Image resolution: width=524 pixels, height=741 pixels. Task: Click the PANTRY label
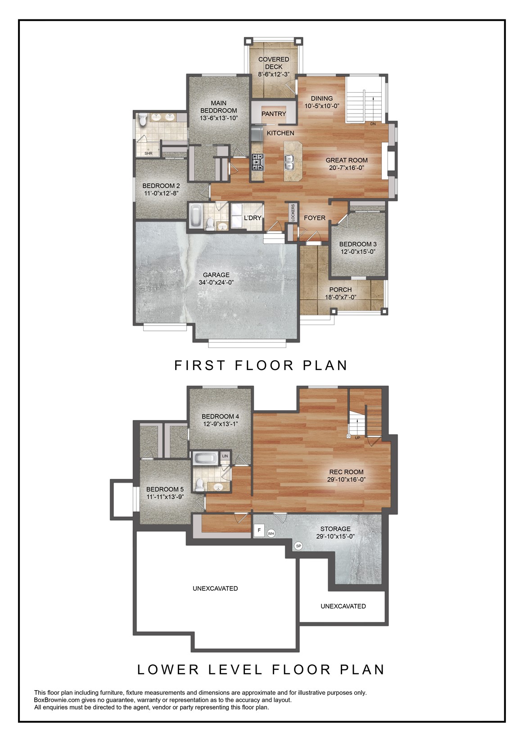[274, 114]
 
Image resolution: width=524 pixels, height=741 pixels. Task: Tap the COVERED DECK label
[274, 63]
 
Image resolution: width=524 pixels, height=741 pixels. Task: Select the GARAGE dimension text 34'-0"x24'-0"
[216, 283]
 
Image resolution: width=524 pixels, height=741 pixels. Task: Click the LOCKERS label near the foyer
[293, 213]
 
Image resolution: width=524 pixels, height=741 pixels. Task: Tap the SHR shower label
[149, 154]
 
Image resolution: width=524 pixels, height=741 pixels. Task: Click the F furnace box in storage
[259, 530]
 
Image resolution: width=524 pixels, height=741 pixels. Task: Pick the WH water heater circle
[271, 533]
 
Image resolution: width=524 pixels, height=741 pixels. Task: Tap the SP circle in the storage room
[298, 546]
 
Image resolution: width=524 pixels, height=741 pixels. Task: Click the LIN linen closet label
[225, 456]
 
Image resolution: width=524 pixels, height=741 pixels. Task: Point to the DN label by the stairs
[373, 124]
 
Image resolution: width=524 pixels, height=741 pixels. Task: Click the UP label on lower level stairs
[357, 438]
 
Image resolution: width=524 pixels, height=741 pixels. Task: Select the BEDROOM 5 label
[165, 489]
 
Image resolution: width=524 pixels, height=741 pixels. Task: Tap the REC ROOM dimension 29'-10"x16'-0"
[346, 480]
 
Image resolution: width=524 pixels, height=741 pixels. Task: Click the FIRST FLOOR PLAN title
[261, 365]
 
